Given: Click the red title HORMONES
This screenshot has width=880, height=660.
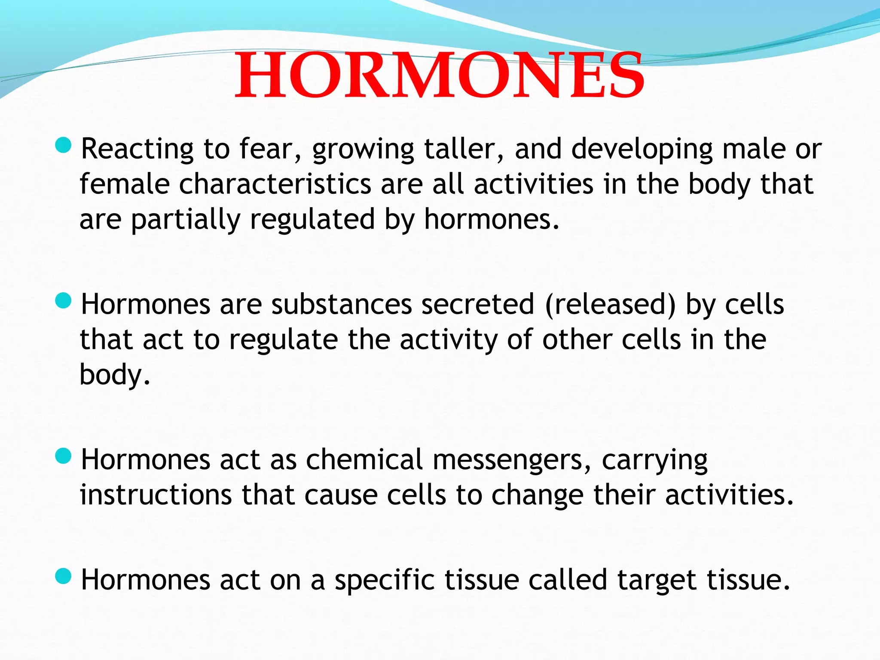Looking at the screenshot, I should (439, 76).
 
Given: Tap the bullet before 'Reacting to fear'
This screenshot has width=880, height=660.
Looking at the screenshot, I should (64, 145).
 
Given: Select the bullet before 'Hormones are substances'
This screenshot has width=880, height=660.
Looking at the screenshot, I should (64, 300).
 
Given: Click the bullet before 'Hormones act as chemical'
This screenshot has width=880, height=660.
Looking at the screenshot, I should (64, 456).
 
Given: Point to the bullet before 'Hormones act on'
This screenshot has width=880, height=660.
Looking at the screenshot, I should (64, 576).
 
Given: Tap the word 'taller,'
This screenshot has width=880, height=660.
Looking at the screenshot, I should (464, 150).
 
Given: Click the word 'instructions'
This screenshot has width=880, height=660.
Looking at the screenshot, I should (156, 495).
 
